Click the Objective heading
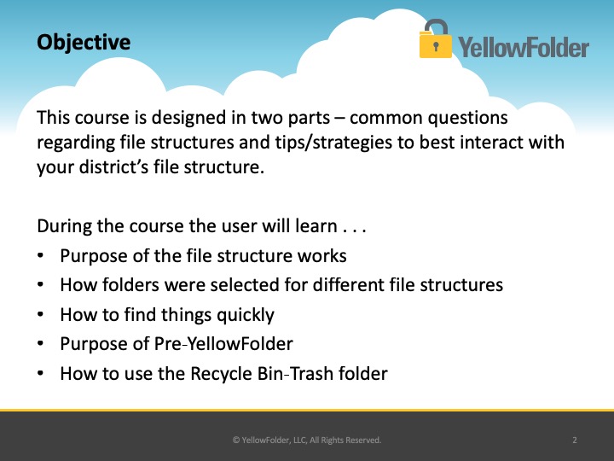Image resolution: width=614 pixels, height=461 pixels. coord(84,43)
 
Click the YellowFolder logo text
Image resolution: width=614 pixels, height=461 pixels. coord(524,48)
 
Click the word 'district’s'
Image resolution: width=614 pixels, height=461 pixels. coord(114,167)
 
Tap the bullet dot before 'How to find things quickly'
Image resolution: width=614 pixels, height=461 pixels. coord(40,314)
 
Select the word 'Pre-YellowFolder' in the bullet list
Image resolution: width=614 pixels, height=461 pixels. coord(223,344)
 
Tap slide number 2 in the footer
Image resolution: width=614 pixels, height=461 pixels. coord(575,441)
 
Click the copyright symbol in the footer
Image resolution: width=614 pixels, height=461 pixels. coord(236,441)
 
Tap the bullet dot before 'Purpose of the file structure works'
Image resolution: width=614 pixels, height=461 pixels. coord(40,255)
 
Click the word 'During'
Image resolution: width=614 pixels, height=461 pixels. coord(64,226)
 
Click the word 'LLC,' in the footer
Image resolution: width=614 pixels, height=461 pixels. coord(300,441)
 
